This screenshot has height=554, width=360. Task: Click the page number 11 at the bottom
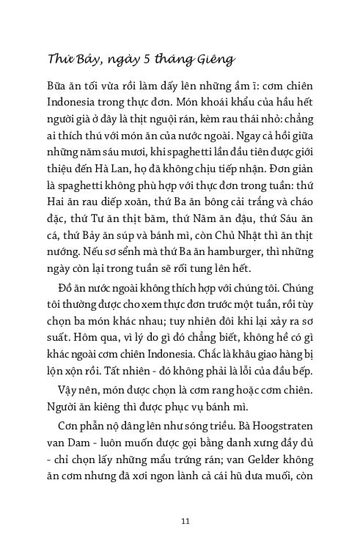click(x=185, y=521)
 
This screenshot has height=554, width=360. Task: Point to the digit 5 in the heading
click(x=142, y=59)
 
